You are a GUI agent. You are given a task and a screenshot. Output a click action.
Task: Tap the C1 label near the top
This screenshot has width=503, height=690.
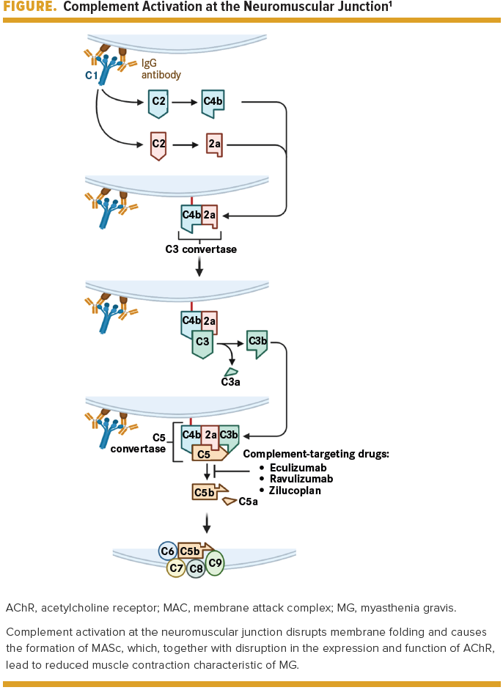pos(92,76)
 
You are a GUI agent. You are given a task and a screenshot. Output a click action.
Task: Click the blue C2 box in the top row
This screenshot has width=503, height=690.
pos(158,103)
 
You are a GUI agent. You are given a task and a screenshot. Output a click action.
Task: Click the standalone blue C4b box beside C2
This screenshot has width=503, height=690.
pos(213,103)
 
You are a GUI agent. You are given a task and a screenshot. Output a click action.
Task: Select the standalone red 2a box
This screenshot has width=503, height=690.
pos(214,144)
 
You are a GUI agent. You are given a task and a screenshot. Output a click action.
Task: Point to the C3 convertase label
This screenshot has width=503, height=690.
pos(201,249)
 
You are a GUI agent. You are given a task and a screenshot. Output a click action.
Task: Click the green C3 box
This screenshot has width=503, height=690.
pos(202,342)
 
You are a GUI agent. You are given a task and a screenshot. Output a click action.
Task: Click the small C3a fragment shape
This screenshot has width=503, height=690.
pos(232,372)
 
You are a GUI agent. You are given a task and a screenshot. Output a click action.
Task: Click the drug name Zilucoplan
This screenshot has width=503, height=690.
pos(295,491)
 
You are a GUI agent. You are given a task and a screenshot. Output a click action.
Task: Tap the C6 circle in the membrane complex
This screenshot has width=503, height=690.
pos(168,551)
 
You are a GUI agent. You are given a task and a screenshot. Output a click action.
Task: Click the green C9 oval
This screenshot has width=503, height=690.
pos(215,562)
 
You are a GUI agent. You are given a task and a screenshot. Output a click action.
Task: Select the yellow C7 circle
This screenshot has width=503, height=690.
pos(176,568)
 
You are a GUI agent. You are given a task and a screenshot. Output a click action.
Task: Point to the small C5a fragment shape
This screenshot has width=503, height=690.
pos(230,501)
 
